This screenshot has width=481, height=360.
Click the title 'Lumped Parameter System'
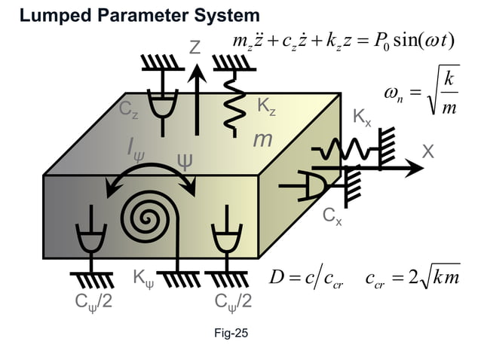[x=139, y=15]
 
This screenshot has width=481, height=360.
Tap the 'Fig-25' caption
[x=230, y=333]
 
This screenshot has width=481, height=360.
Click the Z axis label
[x=195, y=49]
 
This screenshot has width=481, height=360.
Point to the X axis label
[x=428, y=151]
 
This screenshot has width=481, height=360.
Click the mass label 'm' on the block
[x=262, y=140]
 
